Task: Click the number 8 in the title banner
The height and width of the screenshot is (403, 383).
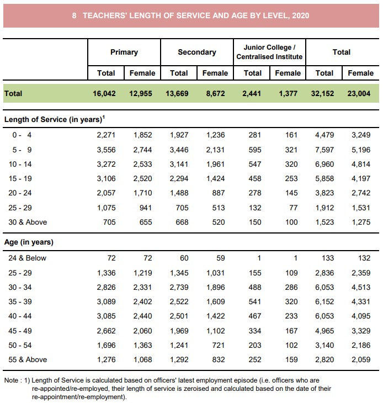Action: (74, 16)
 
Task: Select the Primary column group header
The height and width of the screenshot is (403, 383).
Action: (124, 52)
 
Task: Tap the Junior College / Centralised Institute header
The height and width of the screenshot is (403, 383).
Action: (269, 52)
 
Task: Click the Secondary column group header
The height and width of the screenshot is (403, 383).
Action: (197, 52)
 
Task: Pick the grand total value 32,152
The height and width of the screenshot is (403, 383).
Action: (325, 93)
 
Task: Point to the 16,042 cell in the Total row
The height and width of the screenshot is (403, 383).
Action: (104, 93)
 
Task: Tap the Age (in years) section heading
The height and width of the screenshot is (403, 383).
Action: (29, 242)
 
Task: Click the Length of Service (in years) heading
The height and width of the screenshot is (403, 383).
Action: (54, 119)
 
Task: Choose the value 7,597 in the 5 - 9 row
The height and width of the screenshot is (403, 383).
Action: (325, 150)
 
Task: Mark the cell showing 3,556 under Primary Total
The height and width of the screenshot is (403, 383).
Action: (106, 150)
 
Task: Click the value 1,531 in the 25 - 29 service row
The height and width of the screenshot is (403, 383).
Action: (361, 208)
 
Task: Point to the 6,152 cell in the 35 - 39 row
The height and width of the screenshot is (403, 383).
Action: (325, 301)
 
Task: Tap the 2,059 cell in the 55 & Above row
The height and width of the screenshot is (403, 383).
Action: (361, 359)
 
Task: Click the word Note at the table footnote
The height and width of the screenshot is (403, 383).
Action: (12, 381)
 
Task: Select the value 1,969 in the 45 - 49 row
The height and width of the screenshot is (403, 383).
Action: (179, 330)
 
